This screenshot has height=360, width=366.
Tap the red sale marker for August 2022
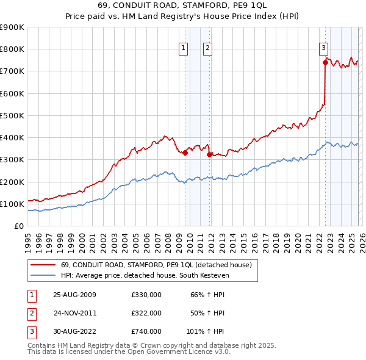[326, 62]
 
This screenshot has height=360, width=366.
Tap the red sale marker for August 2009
[185, 153]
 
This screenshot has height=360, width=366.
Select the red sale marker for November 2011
[209, 154]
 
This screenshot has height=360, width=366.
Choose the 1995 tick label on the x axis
[28, 239]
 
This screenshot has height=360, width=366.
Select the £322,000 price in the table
[146, 313]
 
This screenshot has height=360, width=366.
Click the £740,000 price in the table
[146, 331]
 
